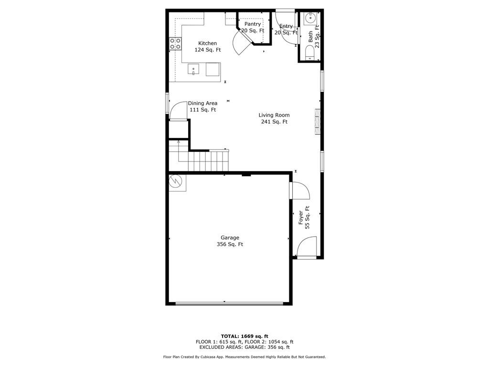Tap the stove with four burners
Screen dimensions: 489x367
point(175,43)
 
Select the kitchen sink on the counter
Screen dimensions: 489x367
point(193,69)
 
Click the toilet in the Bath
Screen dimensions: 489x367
point(309,53)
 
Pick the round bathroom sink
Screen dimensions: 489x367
point(311,18)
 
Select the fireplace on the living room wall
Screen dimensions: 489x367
point(318,122)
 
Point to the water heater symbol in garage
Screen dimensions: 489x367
point(177,182)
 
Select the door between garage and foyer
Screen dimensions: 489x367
point(299,190)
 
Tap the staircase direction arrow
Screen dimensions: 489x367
point(179,151)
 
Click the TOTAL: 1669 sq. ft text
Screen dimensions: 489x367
point(244,336)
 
